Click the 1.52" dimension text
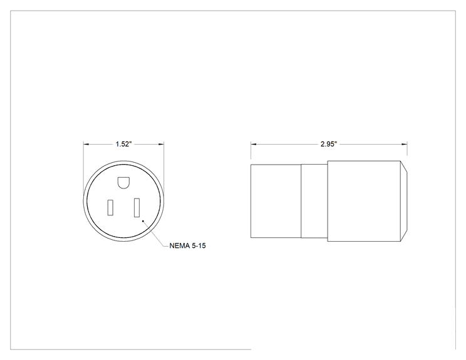coord(123,144)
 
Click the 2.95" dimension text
coord(329,144)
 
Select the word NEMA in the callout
coord(179,246)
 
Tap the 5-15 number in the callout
coord(198,246)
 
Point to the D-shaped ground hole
coord(123,183)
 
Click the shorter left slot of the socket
coord(110,207)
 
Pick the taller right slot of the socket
coord(137,208)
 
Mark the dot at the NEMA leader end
coord(143,221)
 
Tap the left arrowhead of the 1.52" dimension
coord(86,145)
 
